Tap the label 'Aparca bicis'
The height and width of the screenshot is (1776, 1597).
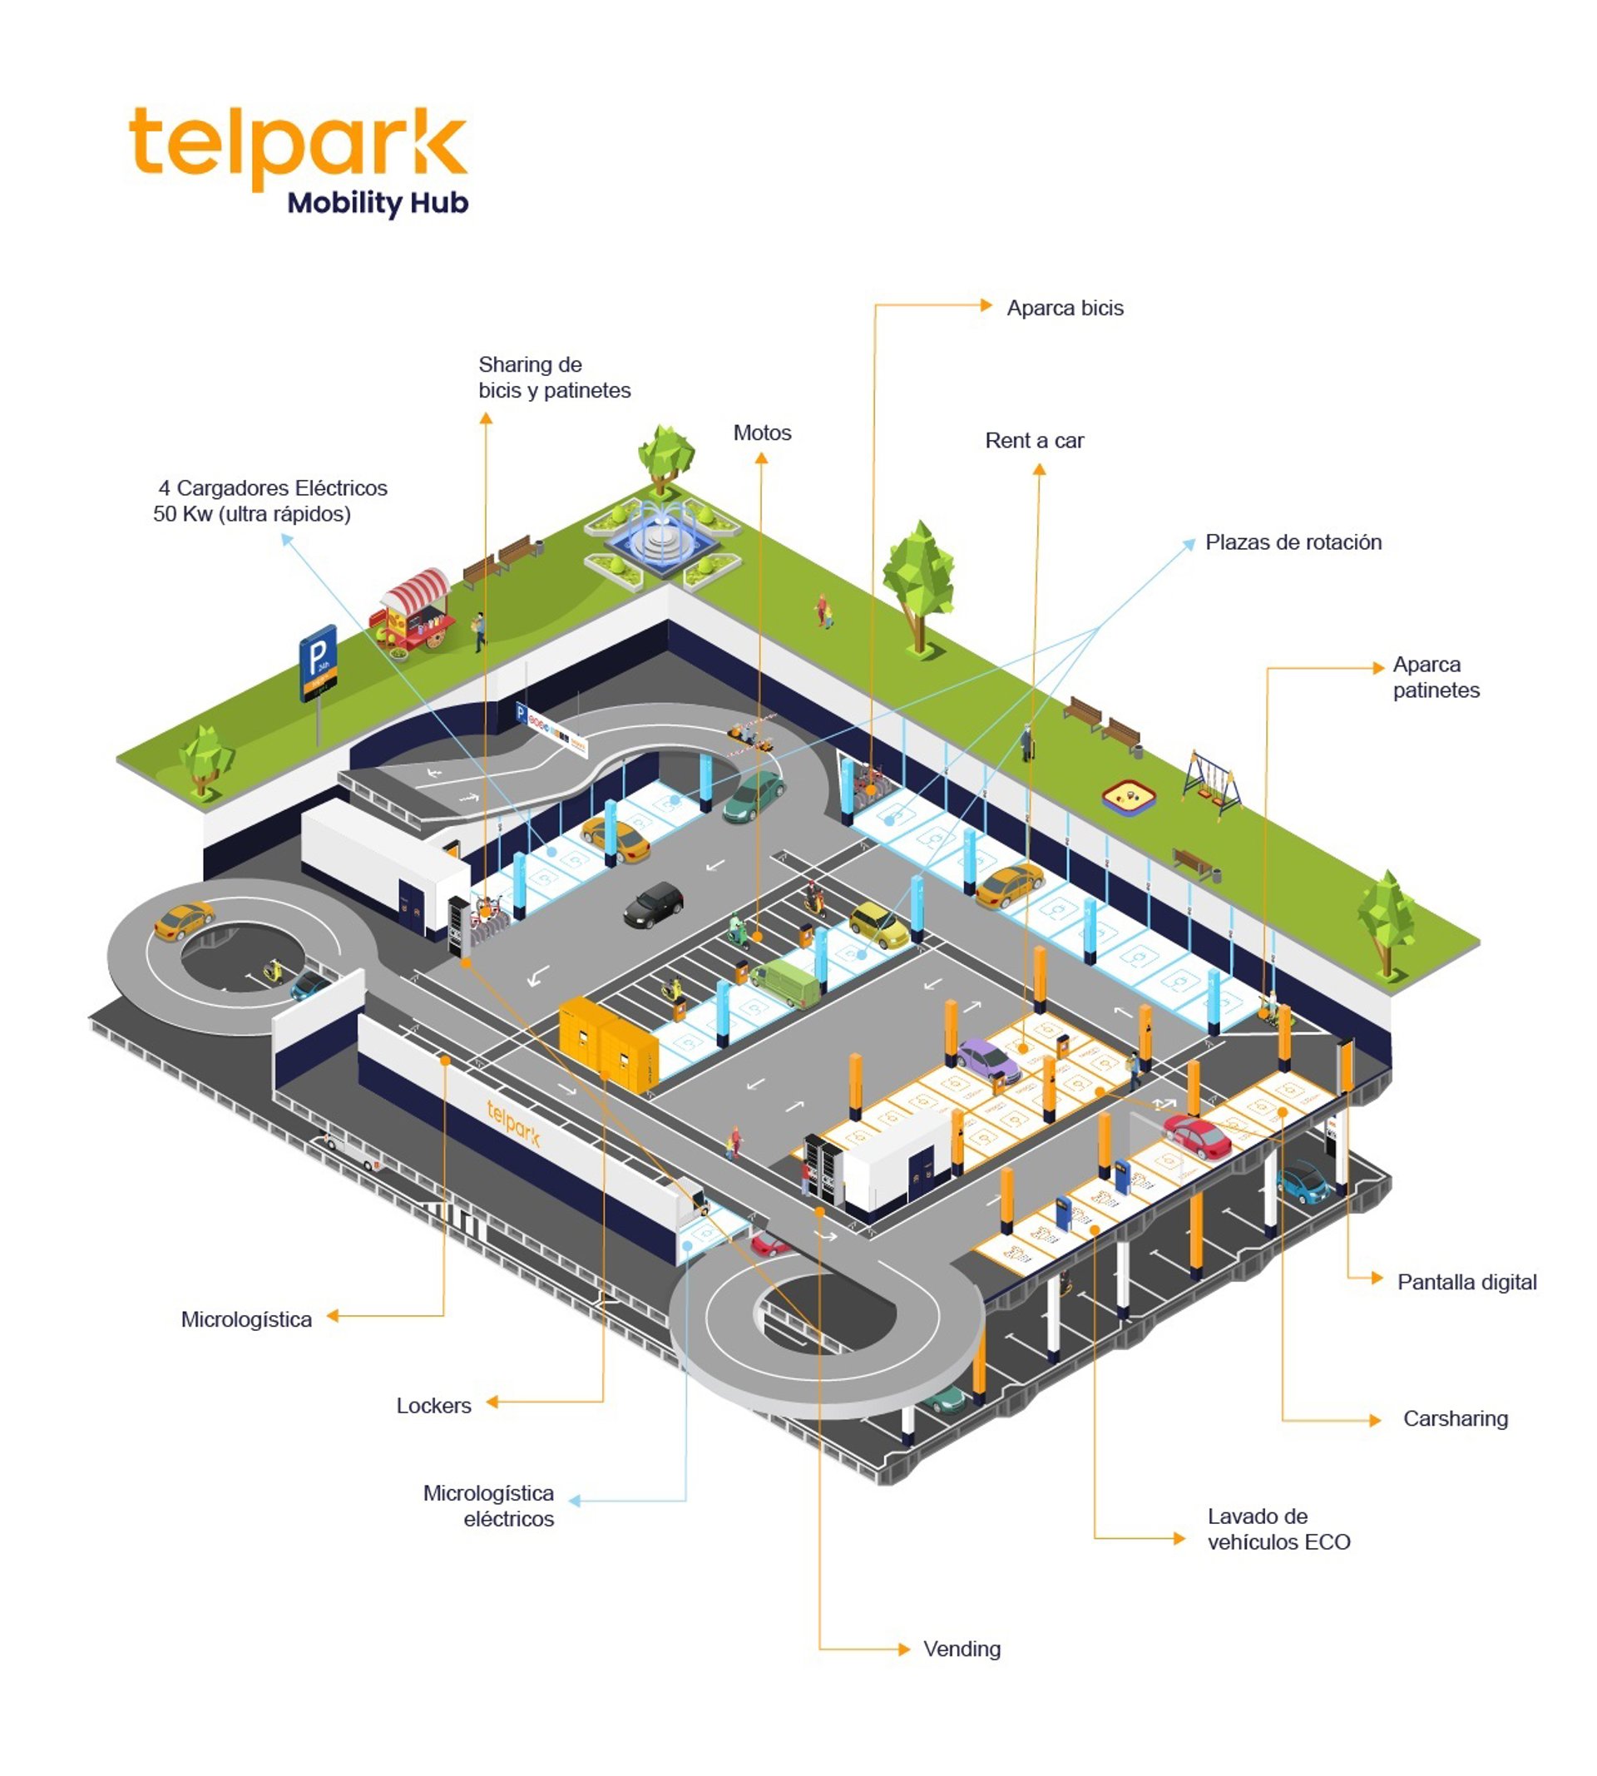pos(1065,308)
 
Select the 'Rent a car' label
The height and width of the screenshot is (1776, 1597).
pos(1034,441)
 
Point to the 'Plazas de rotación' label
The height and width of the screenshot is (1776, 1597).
pos(1293,542)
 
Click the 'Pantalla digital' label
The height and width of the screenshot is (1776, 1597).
pos(1466,1282)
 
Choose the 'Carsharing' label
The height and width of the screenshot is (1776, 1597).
pos(1455,1419)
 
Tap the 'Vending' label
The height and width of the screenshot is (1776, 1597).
pos(961,1649)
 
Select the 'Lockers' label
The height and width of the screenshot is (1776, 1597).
pos(433,1406)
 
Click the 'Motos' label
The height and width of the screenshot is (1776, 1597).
pos(762,433)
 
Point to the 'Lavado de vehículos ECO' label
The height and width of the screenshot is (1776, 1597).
pos(1278,1530)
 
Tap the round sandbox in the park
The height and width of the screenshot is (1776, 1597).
pos(1129,798)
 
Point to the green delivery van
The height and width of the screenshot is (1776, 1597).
pos(786,982)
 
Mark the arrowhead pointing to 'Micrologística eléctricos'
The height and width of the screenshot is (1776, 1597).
pos(576,1501)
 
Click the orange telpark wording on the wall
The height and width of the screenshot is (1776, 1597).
pos(513,1123)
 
